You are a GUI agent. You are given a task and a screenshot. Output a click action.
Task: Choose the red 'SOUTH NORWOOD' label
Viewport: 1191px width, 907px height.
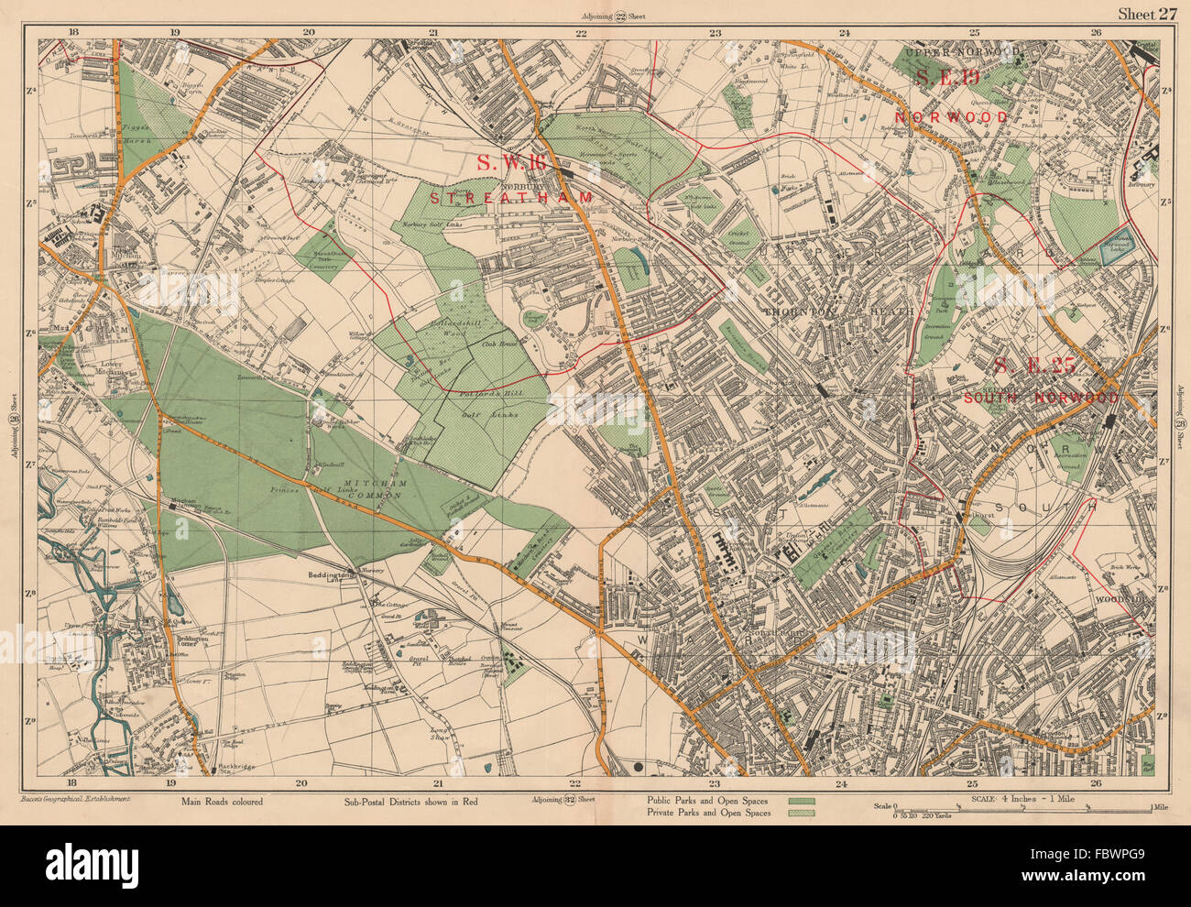(1040, 399)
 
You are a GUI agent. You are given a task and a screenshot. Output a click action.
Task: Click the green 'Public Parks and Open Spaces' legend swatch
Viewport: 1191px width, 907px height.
(801, 801)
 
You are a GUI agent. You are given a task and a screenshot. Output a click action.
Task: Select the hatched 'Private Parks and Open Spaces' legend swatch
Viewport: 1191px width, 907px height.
(801, 813)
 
